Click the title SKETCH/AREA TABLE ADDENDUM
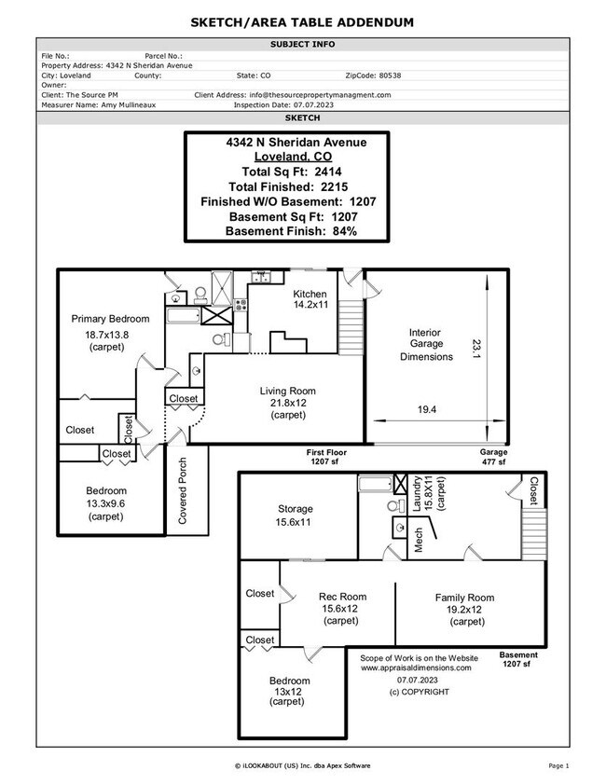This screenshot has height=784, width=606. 302,21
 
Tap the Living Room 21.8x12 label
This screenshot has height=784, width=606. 287,403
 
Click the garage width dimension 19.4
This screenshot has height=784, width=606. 426,409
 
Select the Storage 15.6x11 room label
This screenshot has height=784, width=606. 295,516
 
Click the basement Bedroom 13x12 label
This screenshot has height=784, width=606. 289,692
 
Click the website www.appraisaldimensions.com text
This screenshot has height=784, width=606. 416,667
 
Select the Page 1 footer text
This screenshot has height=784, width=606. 558,765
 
